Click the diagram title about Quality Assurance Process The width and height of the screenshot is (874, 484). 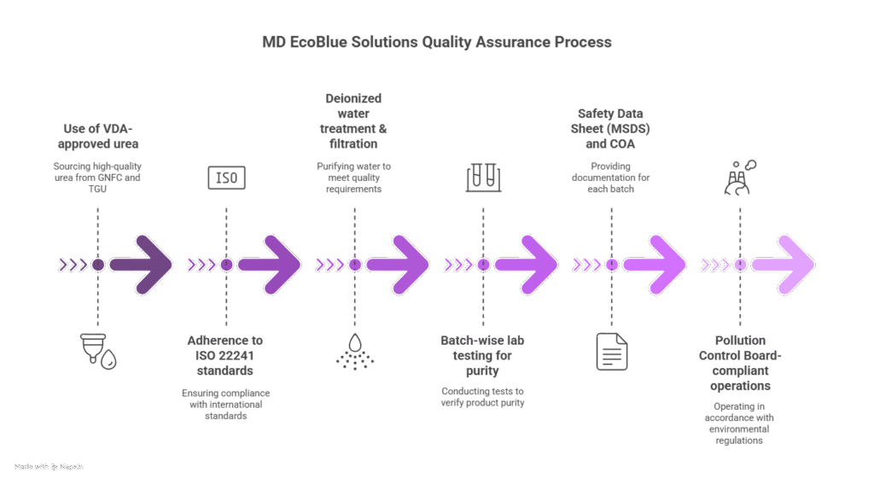point(437,42)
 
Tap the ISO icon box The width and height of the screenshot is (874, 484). point(226,178)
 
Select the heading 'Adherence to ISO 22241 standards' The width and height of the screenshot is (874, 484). point(226,356)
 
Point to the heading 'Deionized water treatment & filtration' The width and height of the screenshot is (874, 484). point(354,122)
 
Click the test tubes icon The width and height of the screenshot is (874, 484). point(483,177)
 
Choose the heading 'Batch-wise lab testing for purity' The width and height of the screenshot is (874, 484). point(483,356)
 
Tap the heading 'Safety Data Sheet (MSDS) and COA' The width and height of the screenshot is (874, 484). point(611,129)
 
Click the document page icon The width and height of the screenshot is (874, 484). point(611,352)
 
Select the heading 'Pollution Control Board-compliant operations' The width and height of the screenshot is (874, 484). point(740,363)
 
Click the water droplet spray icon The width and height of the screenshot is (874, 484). point(354,352)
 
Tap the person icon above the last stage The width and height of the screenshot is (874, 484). point(739,178)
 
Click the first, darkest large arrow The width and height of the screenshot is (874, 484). point(142,265)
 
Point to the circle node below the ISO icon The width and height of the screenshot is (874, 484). point(226,265)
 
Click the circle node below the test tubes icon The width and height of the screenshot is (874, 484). point(483,265)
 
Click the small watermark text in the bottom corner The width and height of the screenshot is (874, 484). point(50,467)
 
